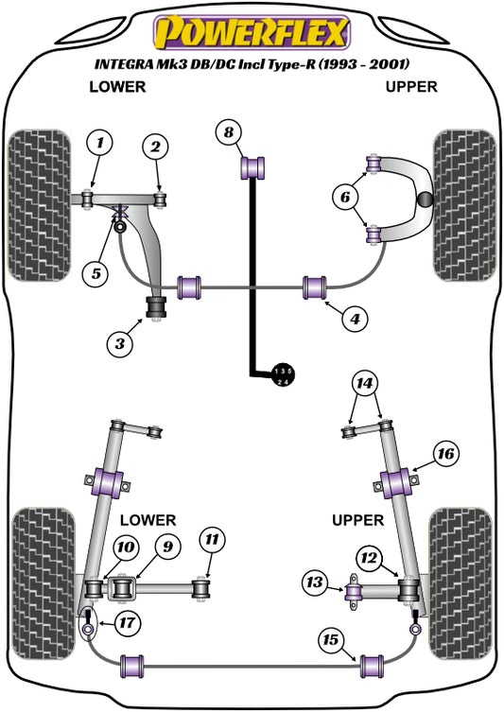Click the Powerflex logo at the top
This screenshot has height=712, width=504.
(251, 33)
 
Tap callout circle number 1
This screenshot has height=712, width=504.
(99, 144)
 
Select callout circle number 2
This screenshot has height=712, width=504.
(156, 146)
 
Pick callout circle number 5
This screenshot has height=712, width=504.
(95, 274)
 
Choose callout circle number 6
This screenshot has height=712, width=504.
(344, 197)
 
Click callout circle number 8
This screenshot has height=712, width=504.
(228, 132)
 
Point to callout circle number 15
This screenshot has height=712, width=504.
(330, 641)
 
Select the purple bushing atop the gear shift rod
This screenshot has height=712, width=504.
(252, 168)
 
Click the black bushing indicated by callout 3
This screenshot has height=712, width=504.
(155, 308)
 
